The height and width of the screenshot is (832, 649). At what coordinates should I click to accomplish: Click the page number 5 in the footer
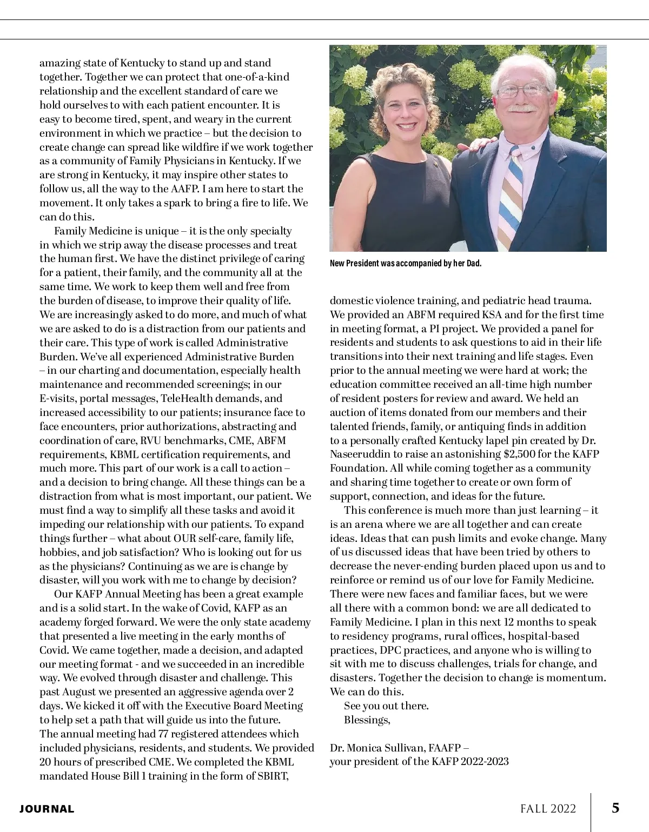pos(615,808)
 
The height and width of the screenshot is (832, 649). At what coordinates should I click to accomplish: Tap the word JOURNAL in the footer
pos(47,809)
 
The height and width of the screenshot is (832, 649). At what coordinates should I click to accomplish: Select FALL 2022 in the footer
pos(548,809)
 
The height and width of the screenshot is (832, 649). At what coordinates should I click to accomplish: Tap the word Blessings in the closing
pos(367,720)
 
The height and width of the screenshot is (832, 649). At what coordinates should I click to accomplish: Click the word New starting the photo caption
pos(337,264)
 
